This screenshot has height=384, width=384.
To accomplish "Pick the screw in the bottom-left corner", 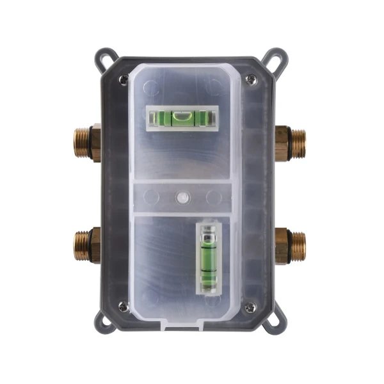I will click(x=123, y=308).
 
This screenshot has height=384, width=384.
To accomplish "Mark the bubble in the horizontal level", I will click(x=183, y=116).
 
